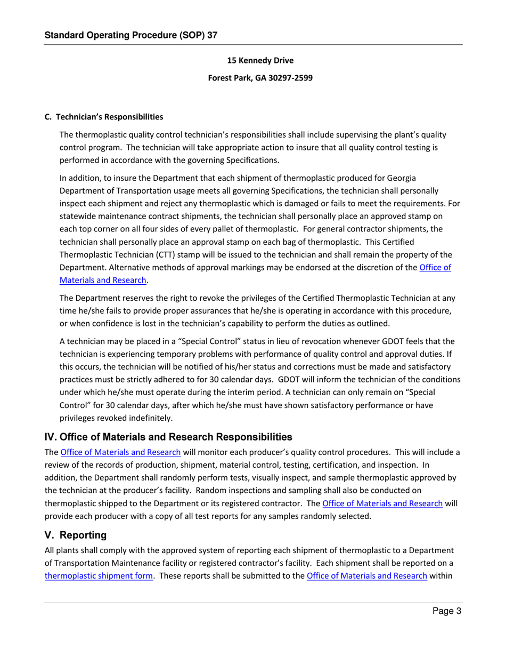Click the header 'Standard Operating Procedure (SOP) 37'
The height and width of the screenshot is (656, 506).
point(131,35)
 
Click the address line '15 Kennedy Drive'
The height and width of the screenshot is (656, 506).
point(260,61)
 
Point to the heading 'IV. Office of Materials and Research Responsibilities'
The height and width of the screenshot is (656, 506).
point(168,438)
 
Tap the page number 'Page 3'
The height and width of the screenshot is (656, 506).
point(445,612)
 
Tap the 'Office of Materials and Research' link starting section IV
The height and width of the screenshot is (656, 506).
point(120,453)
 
